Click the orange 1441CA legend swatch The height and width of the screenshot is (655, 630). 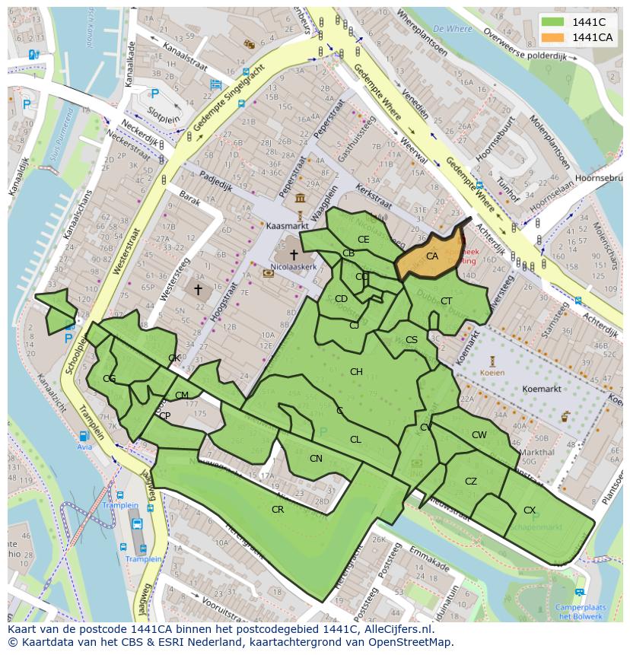tap(554, 37)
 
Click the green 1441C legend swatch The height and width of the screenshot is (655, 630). tap(554, 22)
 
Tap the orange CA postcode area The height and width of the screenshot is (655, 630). tap(431, 256)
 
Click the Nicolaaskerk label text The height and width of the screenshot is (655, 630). tap(292, 268)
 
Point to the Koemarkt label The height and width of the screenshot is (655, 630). tap(542, 389)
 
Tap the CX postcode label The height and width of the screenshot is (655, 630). tap(530, 510)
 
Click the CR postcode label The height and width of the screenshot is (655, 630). tap(278, 509)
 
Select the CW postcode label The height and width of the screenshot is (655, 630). tap(479, 435)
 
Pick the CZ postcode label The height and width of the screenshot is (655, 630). tap(470, 481)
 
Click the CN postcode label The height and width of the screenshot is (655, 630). tap(316, 458)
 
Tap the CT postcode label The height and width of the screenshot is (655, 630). tap(446, 301)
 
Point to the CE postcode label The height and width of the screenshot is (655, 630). tap(363, 239)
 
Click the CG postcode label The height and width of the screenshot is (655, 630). tap(110, 379)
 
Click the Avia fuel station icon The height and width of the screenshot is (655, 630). tap(84, 437)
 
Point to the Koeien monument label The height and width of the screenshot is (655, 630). tap(492, 373)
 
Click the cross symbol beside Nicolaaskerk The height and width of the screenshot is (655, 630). tap(293, 254)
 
